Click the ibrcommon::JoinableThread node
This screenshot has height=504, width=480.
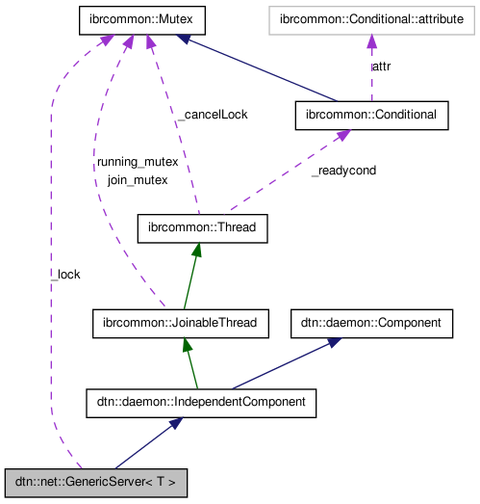point(180,323)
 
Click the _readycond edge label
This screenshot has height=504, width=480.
point(342,171)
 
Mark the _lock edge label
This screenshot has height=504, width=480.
point(65,275)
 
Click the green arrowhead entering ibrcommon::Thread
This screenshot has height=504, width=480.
point(197,250)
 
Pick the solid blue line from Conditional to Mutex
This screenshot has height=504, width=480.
point(260,67)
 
